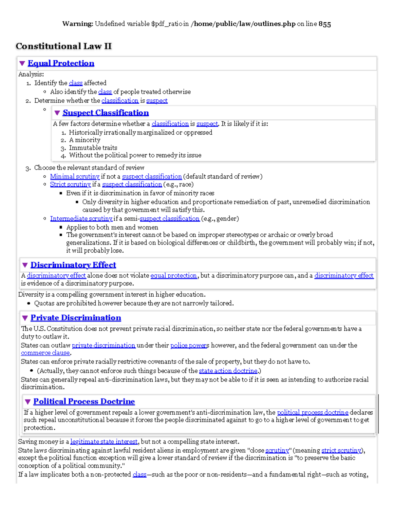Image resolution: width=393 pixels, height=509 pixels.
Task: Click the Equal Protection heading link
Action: tap(61, 63)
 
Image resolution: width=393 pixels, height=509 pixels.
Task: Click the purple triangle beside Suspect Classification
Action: tap(57, 113)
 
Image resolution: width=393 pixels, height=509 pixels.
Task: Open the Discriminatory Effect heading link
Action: tap(73, 265)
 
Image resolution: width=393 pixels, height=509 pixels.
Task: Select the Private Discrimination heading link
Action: tap(76, 318)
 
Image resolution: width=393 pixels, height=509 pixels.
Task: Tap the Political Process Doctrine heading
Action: tap(84, 401)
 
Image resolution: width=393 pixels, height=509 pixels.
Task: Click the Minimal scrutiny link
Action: tap(75, 176)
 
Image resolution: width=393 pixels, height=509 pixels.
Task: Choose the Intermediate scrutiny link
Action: tap(81, 219)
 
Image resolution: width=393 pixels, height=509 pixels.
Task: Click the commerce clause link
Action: tap(45, 353)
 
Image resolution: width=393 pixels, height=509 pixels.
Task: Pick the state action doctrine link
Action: tap(228, 371)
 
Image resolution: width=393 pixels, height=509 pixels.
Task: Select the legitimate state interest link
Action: tap(104, 442)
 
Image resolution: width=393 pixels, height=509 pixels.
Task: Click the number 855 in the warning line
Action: tap(325, 24)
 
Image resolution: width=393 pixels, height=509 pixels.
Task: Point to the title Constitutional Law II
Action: tap(64, 46)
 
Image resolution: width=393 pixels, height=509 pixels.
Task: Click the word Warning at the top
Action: tap(78, 24)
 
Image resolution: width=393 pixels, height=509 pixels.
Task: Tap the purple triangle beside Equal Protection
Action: tap(22, 63)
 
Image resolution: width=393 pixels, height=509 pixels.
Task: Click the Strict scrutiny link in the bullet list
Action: tap(70, 184)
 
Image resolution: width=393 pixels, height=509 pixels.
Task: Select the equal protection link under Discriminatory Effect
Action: tap(174, 276)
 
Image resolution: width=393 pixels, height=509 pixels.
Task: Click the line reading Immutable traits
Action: tap(93, 148)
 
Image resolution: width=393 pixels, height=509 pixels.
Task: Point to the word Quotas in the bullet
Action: tap(44, 303)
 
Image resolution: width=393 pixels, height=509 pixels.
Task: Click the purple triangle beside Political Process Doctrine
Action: tap(28, 401)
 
